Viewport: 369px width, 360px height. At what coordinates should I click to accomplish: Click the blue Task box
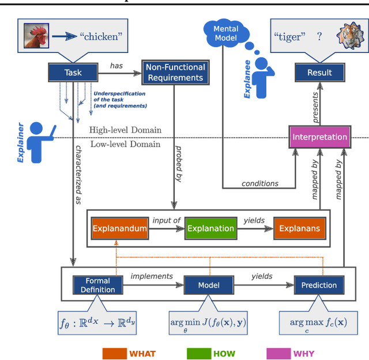(73, 73)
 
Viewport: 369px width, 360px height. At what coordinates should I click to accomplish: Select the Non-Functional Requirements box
(175, 73)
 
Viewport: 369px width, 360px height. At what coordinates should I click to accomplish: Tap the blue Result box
(319, 73)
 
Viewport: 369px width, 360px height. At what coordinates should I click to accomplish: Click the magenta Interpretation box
(319, 137)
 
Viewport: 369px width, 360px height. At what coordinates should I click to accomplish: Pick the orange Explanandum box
(119, 229)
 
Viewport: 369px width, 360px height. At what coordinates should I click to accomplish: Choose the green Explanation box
(210, 229)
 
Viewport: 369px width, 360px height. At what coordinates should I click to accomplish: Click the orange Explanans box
(299, 229)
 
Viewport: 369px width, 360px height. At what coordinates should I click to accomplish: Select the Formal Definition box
(98, 285)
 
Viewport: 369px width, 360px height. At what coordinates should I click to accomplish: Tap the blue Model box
(209, 285)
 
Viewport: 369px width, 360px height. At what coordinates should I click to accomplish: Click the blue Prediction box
(319, 285)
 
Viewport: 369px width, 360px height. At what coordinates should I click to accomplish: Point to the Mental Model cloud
(226, 34)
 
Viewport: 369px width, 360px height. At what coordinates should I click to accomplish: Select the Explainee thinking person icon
(262, 79)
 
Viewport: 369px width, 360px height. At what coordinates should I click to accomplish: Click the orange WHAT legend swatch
(114, 353)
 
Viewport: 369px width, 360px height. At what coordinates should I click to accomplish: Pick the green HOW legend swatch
(198, 353)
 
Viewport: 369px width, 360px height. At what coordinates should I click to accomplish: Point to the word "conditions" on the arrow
(261, 184)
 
